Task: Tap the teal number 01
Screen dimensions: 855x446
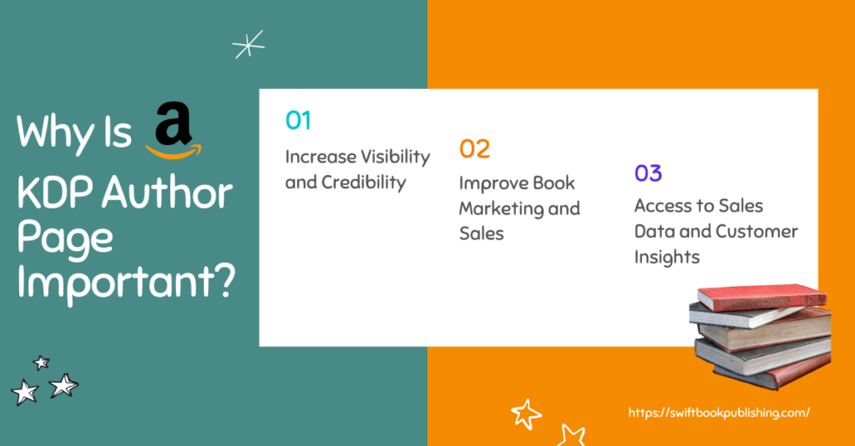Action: coord(298,120)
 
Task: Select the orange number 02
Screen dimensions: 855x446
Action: coord(474,148)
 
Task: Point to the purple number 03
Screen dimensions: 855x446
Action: coord(648,173)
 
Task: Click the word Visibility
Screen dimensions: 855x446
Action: coord(394,157)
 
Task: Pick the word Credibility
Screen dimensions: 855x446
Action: coord(364,183)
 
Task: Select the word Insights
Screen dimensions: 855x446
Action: coord(667,257)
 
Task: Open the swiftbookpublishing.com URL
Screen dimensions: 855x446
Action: coord(719,413)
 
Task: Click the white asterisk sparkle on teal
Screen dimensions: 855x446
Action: coord(249,44)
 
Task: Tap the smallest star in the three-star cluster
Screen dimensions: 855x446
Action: coord(42,363)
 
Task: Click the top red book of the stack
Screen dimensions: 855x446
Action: coord(762,297)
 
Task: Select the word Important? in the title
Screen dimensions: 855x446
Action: coord(126,281)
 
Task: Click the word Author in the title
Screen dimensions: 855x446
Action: coord(167,193)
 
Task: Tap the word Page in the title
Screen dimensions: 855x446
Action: coord(64,238)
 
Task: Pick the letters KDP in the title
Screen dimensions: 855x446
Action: coord(56,193)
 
